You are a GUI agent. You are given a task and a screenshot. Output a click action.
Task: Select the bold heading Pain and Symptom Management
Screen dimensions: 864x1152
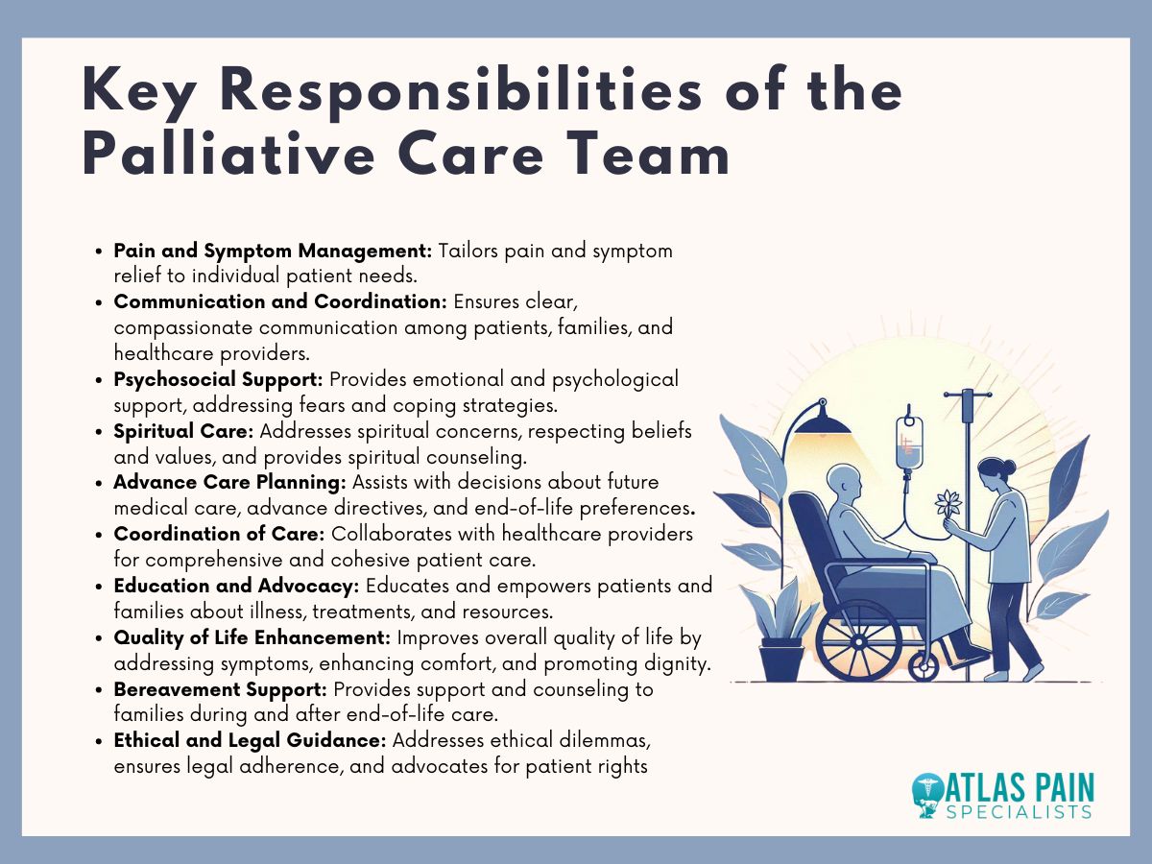pos(273,251)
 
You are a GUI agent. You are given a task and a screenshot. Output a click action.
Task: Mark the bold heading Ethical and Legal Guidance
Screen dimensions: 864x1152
pos(250,740)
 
